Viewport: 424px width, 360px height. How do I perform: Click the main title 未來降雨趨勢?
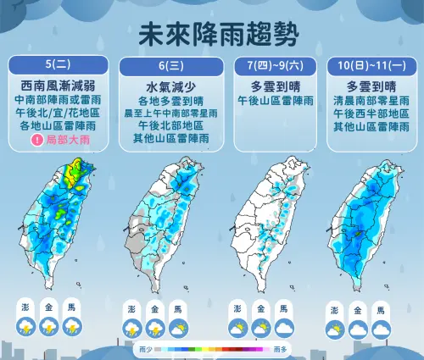click(212, 35)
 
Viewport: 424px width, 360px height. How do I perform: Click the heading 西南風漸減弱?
click(59, 86)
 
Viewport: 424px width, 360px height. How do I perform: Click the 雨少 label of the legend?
click(144, 348)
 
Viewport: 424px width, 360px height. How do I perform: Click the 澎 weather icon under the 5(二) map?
click(27, 326)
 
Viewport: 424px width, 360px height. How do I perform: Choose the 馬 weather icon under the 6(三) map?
click(176, 327)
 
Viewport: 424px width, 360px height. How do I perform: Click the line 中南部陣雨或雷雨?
click(59, 99)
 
